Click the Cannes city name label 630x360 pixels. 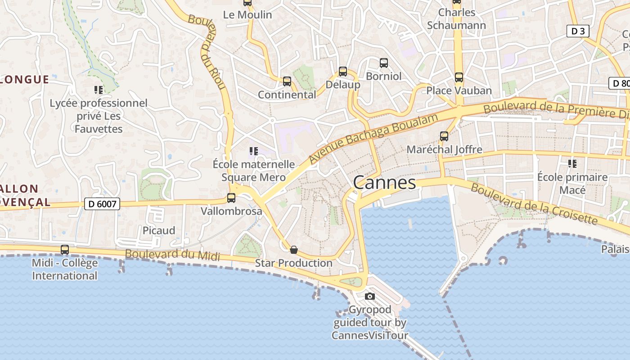(384, 183)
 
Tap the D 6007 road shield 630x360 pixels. (103, 204)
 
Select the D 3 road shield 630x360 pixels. (577, 31)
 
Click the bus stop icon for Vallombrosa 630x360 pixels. (231, 198)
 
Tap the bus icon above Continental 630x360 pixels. (287, 81)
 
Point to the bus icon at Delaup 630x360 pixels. (343, 71)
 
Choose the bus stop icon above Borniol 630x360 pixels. (384, 63)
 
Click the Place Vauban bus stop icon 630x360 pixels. (459, 77)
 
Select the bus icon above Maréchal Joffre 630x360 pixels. (444, 136)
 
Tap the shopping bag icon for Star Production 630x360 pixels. (294, 250)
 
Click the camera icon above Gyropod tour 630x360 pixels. (370, 296)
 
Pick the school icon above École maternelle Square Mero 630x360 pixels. (253, 151)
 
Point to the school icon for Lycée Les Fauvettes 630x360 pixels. (99, 90)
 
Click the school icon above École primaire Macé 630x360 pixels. (572, 164)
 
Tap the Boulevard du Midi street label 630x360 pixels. (172, 255)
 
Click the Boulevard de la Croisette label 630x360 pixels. (534, 204)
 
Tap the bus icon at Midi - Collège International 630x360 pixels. (65, 250)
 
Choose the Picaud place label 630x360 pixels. (159, 230)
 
